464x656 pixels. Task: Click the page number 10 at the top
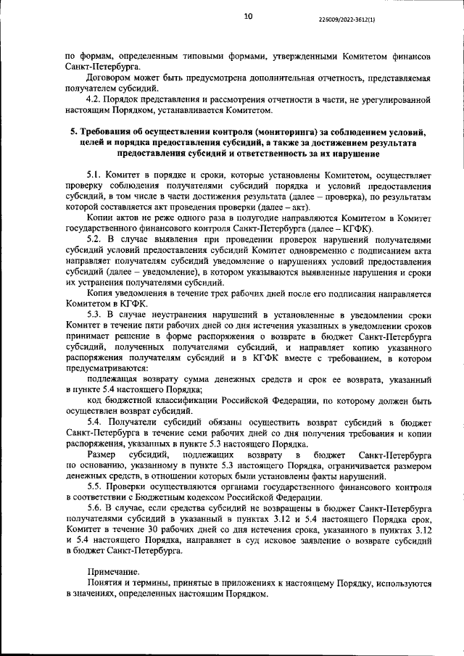click(249, 15)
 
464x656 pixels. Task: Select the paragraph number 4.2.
click(94, 99)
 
